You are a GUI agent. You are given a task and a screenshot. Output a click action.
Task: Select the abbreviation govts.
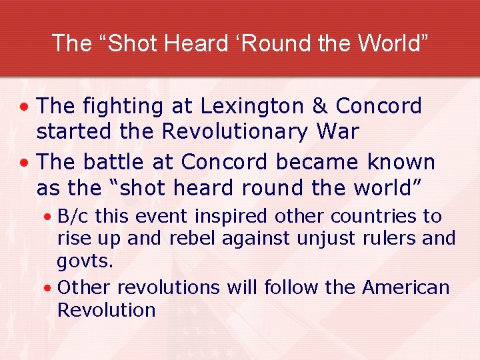pyautogui.click(x=85, y=261)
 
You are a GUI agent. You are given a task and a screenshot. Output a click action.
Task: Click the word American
pyautogui.click(x=406, y=287)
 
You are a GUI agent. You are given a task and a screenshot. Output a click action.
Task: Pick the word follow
pyautogui.click(x=291, y=287)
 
